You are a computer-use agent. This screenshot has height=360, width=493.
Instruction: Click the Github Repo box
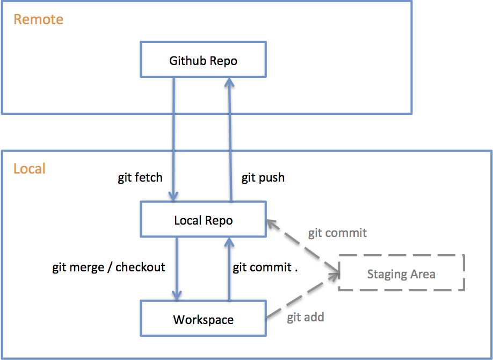click(x=203, y=59)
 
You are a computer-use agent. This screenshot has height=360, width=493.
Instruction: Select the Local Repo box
click(x=203, y=219)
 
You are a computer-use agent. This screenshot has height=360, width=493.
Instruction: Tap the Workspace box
click(x=203, y=319)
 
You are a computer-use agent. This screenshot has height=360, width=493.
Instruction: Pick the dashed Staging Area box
click(x=401, y=272)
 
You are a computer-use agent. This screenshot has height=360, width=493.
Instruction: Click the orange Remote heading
click(x=38, y=19)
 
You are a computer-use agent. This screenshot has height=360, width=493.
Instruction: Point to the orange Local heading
click(x=29, y=168)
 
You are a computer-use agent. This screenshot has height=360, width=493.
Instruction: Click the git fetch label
click(x=140, y=177)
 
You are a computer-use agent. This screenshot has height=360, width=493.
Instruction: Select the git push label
click(x=263, y=178)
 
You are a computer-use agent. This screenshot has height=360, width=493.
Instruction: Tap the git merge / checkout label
click(x=108, y=267)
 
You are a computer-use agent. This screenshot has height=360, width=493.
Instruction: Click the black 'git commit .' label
click(x=265, y=268)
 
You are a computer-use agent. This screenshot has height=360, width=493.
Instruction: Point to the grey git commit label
click(x=337, y=233)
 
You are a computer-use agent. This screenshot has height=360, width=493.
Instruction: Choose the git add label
click(x=305, y=317)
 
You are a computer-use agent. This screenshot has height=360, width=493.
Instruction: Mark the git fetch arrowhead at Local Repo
click(x=173, y=196)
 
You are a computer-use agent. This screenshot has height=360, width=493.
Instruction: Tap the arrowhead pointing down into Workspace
click(x=177, y=296)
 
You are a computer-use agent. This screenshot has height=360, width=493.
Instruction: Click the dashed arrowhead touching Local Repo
click(x=272, y=224)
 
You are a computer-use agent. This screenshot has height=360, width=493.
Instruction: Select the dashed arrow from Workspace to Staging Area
click(x=303, y=296)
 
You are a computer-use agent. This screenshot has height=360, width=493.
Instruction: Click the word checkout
click(x=140, y=267)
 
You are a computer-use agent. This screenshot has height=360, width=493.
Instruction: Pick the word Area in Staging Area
click(x=423, y=274)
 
